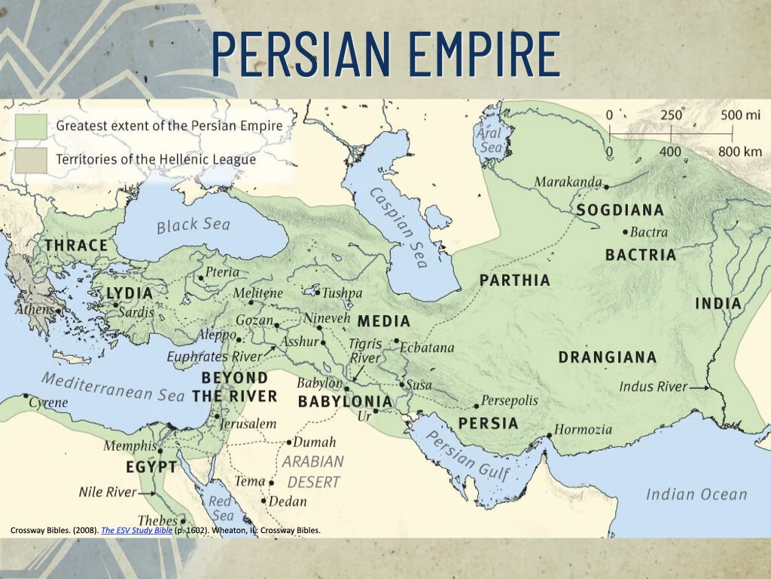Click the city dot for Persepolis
coord(476,406)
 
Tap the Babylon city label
coord(319,383)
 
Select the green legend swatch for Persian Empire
coord(31,126)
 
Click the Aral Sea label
coord(490,140)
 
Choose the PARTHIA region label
coord(515,280)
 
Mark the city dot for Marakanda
coord(606,184)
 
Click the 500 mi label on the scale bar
coord(742,115)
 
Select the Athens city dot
coord(58,310)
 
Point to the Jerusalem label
coord(248,424)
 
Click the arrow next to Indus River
coord(701,387)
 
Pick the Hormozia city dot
coord(550,435)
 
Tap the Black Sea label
coord(193,225)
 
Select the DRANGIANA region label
coord(607,357)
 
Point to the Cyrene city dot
coord(26,395)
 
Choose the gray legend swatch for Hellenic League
coord(31,159)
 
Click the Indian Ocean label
coord(696,495)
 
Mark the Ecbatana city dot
coord(396,341)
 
